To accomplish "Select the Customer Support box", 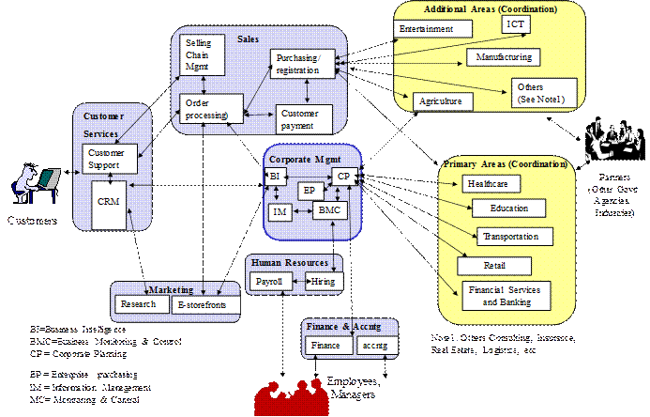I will (111, 159).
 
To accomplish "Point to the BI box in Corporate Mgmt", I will (275, 176).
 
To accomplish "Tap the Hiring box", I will (329, 281).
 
